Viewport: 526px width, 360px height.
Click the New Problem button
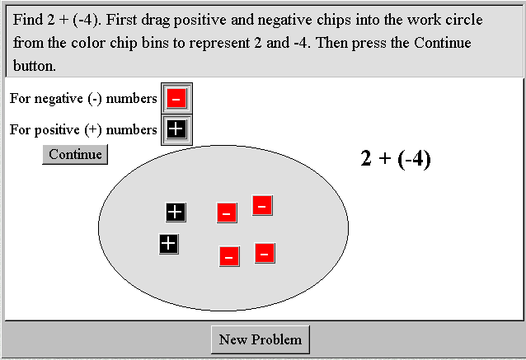click(261, 339)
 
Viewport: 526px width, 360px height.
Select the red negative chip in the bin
click(176, 98)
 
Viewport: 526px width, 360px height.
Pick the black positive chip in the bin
click(176, 129)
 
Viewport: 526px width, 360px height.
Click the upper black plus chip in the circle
click(176, 213)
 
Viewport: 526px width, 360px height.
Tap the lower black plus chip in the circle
click(169, 244)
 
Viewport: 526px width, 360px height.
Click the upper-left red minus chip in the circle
click(227, 213)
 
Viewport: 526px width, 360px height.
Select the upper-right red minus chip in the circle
click(262, 205)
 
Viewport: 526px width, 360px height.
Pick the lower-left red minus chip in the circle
click(229, 256)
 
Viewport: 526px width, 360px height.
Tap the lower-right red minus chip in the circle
click(265, 253)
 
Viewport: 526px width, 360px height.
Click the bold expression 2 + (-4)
click(396, 158)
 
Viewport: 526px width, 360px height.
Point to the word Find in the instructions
click(28, 20)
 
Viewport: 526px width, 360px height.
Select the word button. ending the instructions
click(35, 66)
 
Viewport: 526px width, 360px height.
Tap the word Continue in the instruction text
click(443, 43)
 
